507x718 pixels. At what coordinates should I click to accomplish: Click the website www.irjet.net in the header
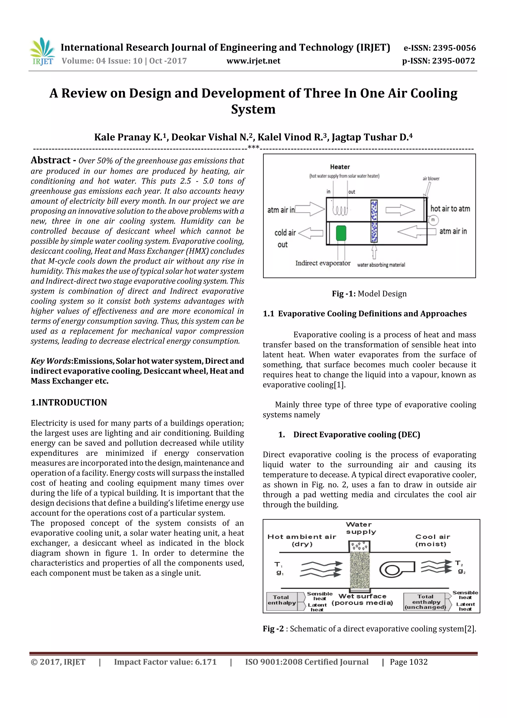tap(253, 61)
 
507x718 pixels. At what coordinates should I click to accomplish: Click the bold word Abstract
tap(51, 160)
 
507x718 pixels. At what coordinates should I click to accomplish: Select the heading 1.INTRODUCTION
tap(69, 402)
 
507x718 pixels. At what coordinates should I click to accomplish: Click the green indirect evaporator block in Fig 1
tap(341, 233)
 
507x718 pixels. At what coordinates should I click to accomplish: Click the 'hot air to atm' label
tap(450, 209)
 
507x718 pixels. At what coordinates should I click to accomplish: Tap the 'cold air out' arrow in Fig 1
tap(311, 233)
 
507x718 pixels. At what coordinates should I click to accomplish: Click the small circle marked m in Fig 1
tap(433, 220)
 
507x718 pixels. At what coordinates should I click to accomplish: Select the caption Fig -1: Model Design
tap(369, 294)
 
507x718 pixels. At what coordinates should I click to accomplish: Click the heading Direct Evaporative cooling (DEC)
tap(356, 435)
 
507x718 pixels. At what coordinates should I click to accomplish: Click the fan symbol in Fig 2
tap(396, 569)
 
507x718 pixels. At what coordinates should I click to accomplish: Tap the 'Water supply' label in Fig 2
tap(361, 528)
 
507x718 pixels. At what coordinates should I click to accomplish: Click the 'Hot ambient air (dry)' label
tap(302, 540)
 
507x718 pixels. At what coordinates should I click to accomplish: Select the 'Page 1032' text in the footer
tap(408, 662)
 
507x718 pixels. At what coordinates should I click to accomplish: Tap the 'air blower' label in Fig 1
tap(431, 178)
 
